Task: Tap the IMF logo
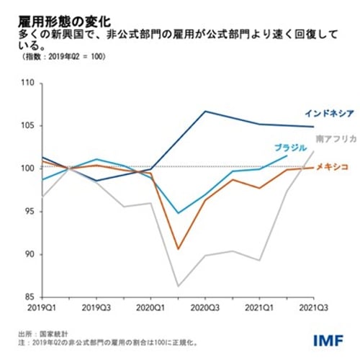point(330,338)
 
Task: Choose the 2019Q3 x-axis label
point(96,307)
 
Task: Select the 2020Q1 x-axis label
point(150,307)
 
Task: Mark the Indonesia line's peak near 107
point(205,111)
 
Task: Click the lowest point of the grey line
point(178,287)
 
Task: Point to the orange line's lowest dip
point(178,249)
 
